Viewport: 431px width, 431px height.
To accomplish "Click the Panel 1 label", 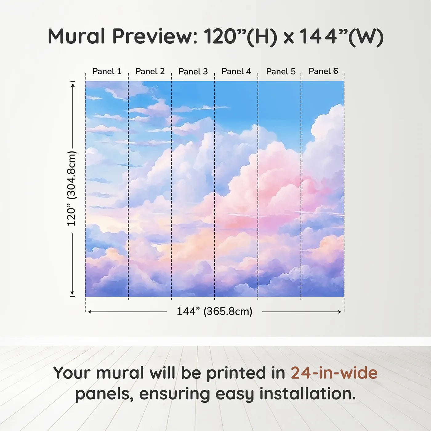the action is [x=107, y=71].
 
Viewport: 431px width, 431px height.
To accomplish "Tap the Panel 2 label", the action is [x=150, y=71].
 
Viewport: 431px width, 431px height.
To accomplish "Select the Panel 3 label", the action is [x=193, y=71].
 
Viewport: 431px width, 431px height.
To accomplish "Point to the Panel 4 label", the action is [x=236, y=71].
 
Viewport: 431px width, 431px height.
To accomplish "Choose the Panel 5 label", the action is [x=281, y=71].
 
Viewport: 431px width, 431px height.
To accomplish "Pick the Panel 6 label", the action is [x=324, y=71].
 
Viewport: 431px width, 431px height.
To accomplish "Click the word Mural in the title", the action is [x=76, y=36].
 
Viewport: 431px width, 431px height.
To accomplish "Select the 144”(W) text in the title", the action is [x=341, y=37].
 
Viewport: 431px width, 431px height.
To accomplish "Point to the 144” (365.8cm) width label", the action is [x=215, y=311].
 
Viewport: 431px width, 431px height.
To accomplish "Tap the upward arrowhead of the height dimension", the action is [x=72, y=85].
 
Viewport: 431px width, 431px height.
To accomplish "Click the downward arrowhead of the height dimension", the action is [x=72, y=293].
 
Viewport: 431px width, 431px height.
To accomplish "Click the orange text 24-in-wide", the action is [x=334, y=373].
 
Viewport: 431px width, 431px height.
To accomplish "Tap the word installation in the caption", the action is [x=308, y=394].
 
